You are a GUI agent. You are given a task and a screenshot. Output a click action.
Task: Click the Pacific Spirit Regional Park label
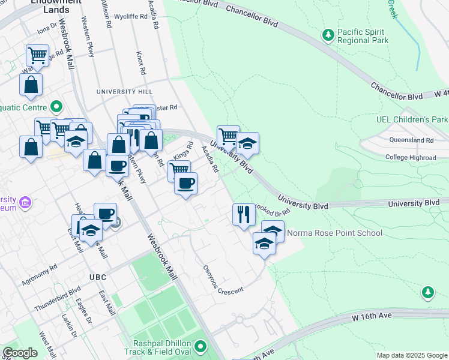pos(363,36)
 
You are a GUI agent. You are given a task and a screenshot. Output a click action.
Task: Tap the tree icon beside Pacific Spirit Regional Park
pos(328,35)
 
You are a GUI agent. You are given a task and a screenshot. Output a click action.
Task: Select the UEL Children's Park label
pos(412,119)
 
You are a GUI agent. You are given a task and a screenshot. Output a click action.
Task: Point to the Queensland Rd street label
pos(411,140)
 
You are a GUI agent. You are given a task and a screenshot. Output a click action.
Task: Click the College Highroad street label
pos(411,157)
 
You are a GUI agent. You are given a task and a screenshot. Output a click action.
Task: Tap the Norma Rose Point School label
pos(334,233)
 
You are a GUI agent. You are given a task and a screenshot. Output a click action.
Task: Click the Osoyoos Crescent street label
pos(222,280)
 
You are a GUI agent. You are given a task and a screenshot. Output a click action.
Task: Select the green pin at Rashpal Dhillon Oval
pos(200,346)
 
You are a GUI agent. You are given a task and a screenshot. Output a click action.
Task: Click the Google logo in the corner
pos(20,353)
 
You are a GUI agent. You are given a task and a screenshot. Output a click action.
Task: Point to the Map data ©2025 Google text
pos(412,355)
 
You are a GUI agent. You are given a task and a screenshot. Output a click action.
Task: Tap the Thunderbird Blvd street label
pos(58,299)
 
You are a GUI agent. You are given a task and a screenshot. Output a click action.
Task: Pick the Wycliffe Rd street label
pos(130,17)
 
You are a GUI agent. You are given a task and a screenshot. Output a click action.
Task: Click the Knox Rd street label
pos(140,62)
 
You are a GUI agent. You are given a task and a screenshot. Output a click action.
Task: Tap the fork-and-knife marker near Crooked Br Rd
pos(243,214)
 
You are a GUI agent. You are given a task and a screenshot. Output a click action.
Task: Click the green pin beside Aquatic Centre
pos(56,107)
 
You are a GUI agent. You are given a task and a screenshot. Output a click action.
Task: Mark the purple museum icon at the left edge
pos(25,203)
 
